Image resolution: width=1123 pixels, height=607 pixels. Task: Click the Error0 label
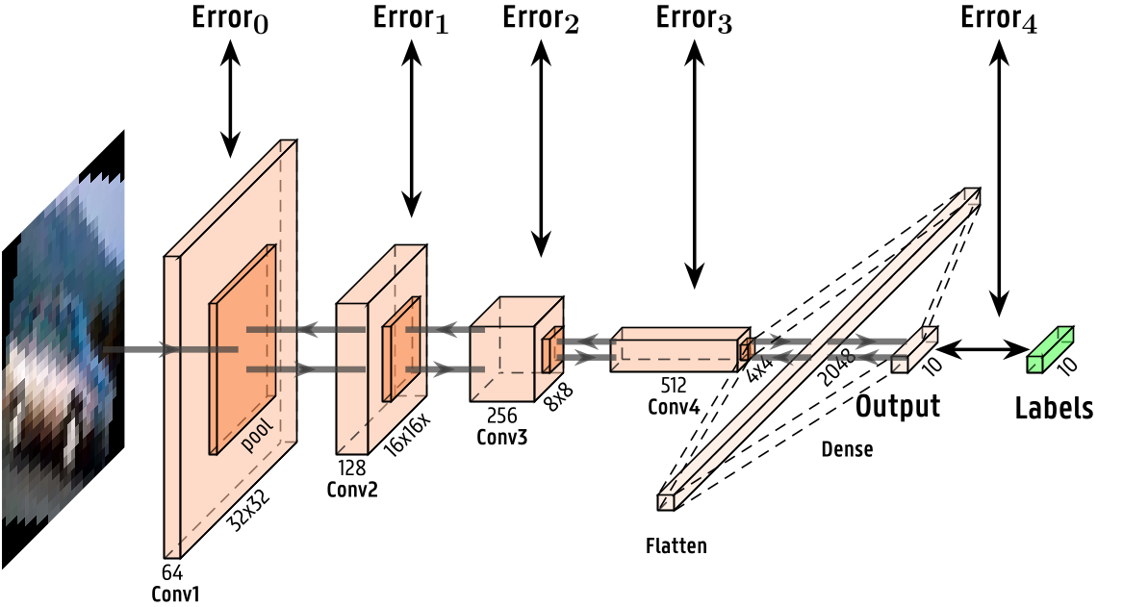pos(229,20)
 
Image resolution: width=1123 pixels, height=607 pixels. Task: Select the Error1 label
pos(410,20)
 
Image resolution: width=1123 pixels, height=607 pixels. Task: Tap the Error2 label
pos(541,20)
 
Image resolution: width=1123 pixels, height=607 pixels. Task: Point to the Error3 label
pos(693,20)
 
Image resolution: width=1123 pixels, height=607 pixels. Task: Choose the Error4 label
pos(999,20)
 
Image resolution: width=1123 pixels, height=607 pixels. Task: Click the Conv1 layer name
pos(176,594)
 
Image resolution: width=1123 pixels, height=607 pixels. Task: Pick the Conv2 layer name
pos(352,489)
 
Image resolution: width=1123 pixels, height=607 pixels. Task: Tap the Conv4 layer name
pos(673,405)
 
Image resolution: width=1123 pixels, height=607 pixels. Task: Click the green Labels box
pos(1049,349)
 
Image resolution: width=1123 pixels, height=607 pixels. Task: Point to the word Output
pos(898,406)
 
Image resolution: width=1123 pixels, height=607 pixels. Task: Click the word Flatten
pos(676,546)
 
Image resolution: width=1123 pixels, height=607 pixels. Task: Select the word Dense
pos(847,449)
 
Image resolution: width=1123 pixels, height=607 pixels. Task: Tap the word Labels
pos(1054,408)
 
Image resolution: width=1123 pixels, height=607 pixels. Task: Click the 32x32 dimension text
pos(247,512)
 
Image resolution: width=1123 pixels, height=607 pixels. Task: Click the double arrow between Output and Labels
pos(983,349)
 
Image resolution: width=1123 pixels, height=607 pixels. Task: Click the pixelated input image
pos(63,356)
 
